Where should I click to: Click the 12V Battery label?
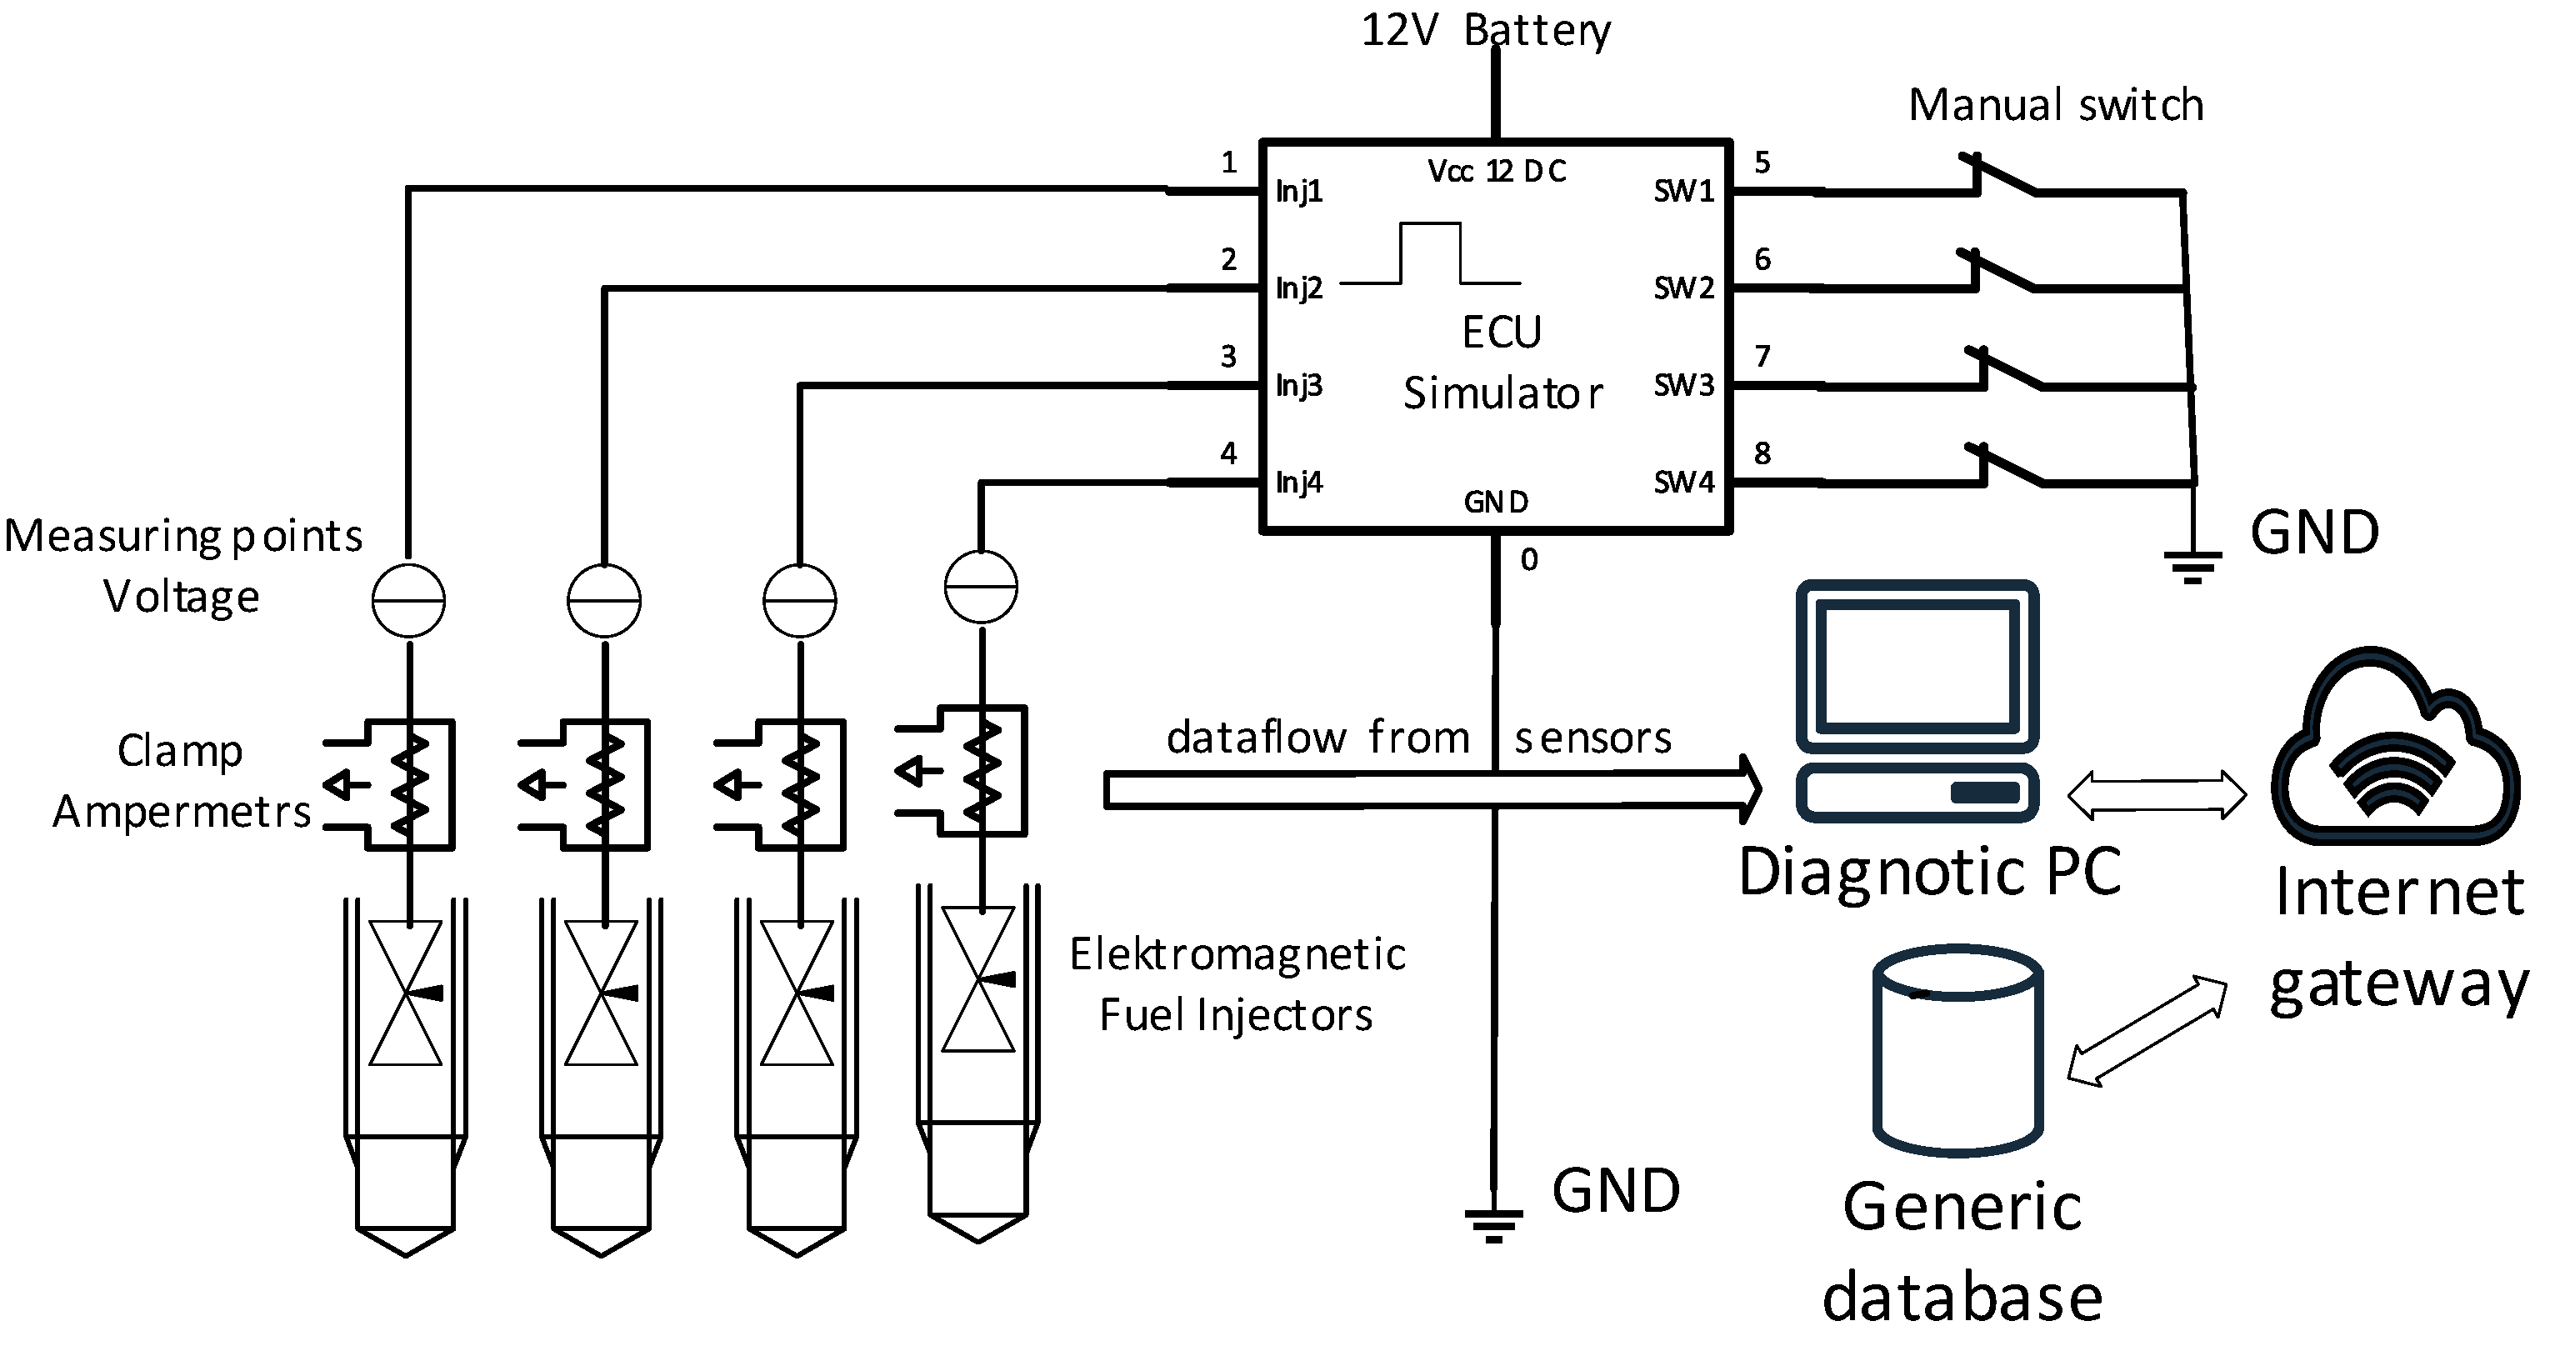(1485, 30)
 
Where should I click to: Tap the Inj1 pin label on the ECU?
(1298, 191)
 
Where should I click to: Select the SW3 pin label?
(1683, 385)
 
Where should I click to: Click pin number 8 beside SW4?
(1762, 453)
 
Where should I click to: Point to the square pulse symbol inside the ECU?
(1430, 254)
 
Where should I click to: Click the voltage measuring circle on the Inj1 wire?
(407, 601)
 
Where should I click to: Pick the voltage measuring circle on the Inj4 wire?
(981, 588)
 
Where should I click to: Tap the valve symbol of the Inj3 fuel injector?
(797, 993)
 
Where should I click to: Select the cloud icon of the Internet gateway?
(2394, 754)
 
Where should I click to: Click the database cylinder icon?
(1957, 1052)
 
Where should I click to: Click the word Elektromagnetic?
(1237, 954)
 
